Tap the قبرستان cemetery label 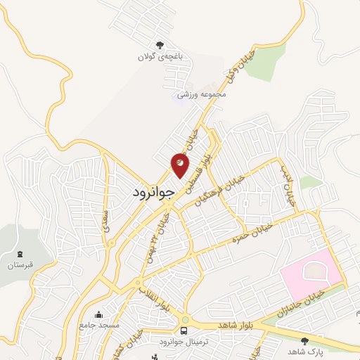pyautogui.click(x=20, y=265)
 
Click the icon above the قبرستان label pyautogui.click(x=20, y=253)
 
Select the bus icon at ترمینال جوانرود pyautogui.click(x=184, y=330)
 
